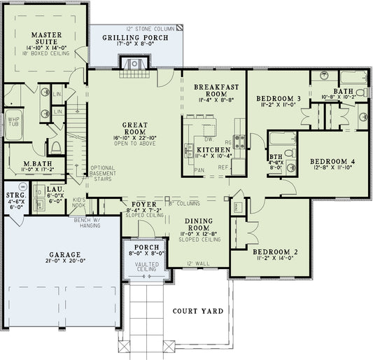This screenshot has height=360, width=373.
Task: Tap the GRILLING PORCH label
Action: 135,37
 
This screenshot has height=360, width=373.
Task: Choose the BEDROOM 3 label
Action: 278,97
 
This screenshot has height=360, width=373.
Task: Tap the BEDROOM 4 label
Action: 332,162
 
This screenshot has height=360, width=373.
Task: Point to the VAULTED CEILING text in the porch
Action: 146,267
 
